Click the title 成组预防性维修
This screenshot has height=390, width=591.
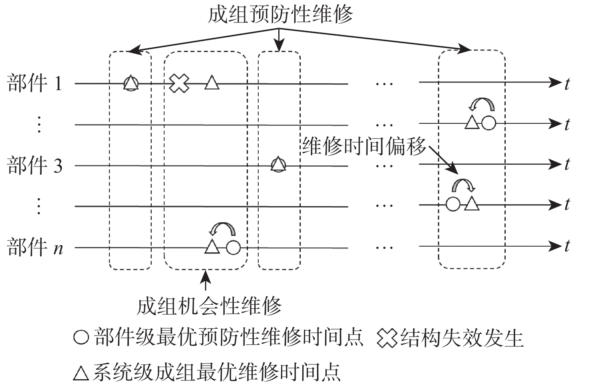tap(280, 15)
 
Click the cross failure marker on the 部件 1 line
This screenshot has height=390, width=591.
tap(179, 84)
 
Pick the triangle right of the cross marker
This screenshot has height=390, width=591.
tap(212, 83)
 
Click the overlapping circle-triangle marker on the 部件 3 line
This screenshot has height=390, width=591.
tap(278, 165)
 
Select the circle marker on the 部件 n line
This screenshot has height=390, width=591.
tap(233, 247)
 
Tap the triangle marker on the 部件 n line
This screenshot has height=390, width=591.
tap(212, 247)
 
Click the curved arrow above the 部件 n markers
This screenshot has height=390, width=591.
tap(222, 229)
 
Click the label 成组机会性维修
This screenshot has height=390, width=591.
tap(209, 306)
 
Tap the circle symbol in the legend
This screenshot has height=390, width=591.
tap(81, 336)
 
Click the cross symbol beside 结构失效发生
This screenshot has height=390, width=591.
tap(387, 338)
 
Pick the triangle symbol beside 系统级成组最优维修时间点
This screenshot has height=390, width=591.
tap(81, 372)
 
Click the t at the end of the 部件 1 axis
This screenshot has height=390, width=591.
tap(567, 84)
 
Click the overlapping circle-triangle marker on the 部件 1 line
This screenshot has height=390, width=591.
tap(131, 83)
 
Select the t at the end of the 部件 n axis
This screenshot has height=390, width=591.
tap(567, 246)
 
